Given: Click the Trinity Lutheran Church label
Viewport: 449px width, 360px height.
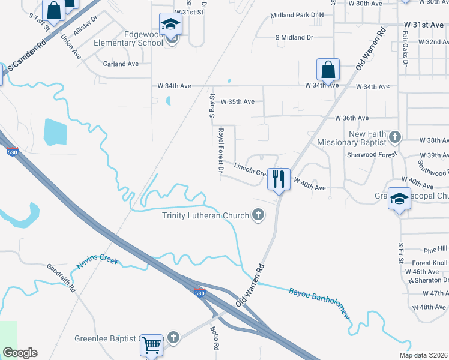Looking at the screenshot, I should click(206, 215).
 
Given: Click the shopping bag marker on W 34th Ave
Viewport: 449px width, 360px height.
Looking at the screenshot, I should click(328, 70).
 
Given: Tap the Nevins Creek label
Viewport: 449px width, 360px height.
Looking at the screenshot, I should click(97, 263).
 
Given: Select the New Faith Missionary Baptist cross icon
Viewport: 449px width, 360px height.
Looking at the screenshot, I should click(394, 137).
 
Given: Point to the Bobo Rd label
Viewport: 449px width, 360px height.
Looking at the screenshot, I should click(214, 338).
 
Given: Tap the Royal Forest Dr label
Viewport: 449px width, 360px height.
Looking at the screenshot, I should click(221, 150).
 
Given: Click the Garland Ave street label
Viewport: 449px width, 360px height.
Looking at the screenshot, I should click(121, 64).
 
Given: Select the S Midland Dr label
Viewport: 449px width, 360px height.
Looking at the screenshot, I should click(294, 37).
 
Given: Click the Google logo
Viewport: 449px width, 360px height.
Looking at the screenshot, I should click(20, 353).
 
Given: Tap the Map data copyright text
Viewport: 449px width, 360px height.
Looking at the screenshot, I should click(423, 355).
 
